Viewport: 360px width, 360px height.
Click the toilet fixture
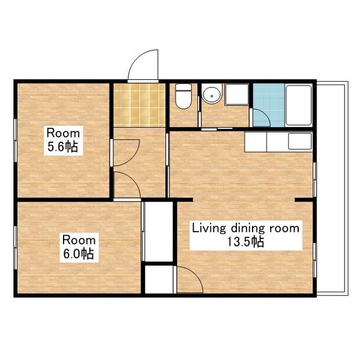tap(183, 96)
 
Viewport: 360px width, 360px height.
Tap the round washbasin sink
tap(211, 94)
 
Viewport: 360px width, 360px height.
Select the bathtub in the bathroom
tap(298, 105)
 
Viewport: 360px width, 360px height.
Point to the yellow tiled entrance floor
tap(140, 105)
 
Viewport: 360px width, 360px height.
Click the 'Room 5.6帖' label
tap(63, 140)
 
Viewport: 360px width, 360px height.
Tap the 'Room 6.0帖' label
tap(79, 247)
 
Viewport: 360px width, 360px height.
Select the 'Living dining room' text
tap(245, 229)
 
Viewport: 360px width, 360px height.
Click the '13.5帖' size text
tap(245, 241)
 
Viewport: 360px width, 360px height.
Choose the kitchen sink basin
tap(300, 141)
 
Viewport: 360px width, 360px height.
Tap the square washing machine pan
tap(237, 94)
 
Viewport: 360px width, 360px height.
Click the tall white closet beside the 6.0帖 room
tap(159, 232)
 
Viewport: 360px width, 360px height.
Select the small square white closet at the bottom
tap(159, 280)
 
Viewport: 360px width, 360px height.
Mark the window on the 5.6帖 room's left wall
tap(15, 140)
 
